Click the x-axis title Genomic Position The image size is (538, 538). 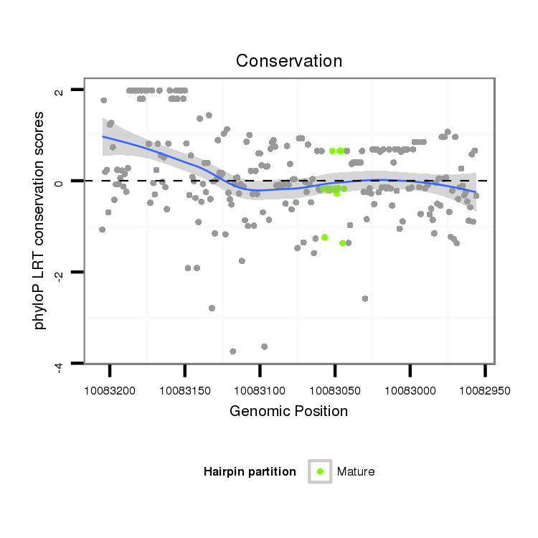(x=288, y=411)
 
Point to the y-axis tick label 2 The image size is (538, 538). (x=60, y=90)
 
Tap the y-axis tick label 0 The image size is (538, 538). (x=60, y=181)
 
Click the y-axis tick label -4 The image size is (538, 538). (x=60, y=367)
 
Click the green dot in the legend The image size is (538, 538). (x=320, y=471)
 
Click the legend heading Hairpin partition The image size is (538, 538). (x=250, y=471)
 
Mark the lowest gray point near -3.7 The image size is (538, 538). (x=232, y=351)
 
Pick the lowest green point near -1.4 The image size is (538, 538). (x=342, y=243)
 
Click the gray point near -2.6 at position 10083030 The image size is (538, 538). (x=365, y=298)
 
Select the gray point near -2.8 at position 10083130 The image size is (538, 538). (x=212, y=308)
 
